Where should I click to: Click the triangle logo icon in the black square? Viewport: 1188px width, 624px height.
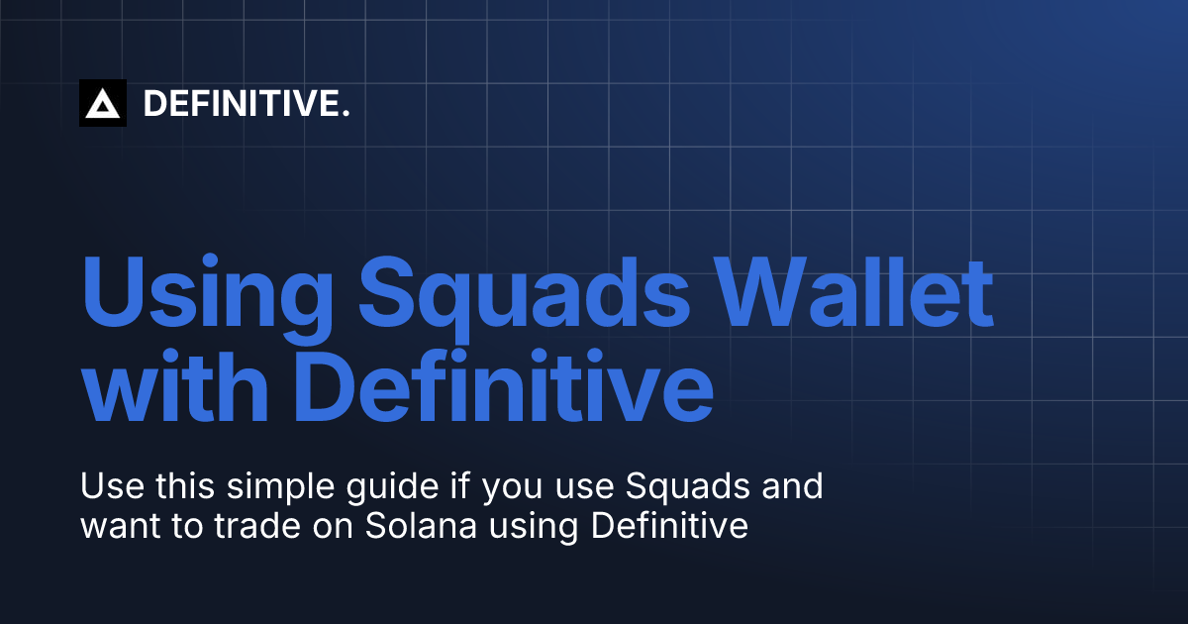(103, 103)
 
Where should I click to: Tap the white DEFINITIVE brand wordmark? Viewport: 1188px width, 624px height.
(242, 103)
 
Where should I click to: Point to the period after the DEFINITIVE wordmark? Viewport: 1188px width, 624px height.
(346, 113)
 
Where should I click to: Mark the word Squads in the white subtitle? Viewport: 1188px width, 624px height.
(703, 488)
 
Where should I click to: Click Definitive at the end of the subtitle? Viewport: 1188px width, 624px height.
(668, 526)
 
